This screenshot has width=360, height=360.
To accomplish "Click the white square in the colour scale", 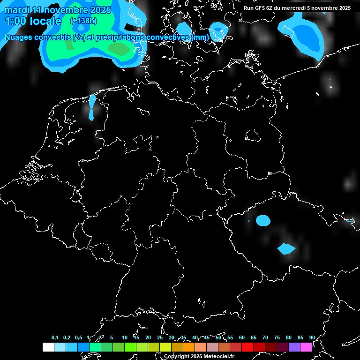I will click(x=48, y=347).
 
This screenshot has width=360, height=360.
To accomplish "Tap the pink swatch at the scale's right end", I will click(x=306, y=347).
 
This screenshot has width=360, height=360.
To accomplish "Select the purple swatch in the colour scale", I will click(x=294, y=347).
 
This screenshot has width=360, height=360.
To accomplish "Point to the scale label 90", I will click(x=312, y=337).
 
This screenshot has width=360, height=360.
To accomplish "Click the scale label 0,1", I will click(x=55, y=337).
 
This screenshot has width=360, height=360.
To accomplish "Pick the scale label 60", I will click(x=241, y=337).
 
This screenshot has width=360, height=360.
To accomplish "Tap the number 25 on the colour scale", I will click(x=159, y=337).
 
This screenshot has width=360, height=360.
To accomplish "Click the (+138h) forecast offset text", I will click(x=83, y=21).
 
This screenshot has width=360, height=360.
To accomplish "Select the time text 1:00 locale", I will click(x=33, y=21).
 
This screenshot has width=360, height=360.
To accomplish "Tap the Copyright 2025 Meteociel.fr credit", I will click(x=199, y=356).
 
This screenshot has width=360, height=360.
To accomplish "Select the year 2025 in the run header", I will click(x=341, y=8).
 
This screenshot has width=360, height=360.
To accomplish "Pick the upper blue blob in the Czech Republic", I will click(x=263, y=220).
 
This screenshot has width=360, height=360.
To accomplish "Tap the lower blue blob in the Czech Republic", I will click(x=285, y=248).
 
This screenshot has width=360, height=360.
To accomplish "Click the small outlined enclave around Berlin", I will click(x=253, y=135).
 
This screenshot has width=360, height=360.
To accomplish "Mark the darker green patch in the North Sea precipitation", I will click(x=121, y=49).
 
